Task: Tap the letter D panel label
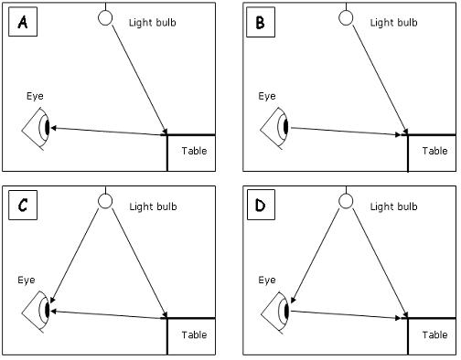coord(260,207)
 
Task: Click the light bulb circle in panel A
coord(105,17)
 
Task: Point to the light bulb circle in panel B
coord(346,17)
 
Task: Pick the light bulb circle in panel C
coord(105,200)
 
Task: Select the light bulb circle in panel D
coord(346,200)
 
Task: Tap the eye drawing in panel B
coord(277,127)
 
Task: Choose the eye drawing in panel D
coord(277,310)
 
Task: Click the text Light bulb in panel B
coord(396,21)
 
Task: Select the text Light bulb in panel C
coord(156,204)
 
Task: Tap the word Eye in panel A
coord(36,95)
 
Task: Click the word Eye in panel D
coord(266,279)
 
